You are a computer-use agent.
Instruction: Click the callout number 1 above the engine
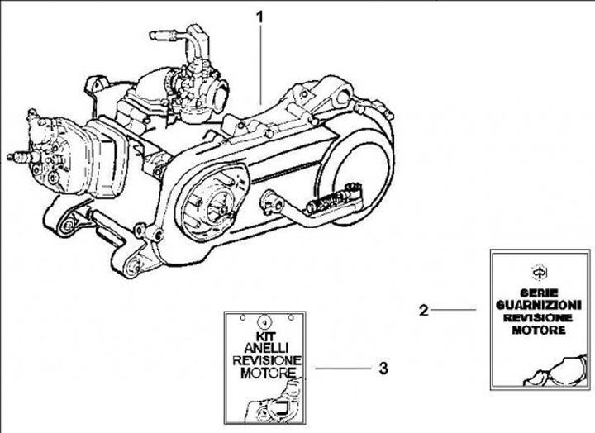259,17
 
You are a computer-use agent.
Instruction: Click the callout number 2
423,310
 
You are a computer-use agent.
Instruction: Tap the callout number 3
383,368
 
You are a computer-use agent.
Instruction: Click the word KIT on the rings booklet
265,336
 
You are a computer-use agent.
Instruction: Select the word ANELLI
266,348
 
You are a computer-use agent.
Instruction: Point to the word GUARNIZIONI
539,305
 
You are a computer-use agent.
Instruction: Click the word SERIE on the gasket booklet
539,293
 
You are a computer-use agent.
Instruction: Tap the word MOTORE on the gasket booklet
539,330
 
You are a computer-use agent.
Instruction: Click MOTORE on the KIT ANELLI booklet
268,373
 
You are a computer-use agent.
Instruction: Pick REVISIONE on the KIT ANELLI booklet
267,360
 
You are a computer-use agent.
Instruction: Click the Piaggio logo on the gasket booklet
539,272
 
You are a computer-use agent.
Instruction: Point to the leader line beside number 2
453,310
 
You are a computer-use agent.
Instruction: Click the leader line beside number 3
343,368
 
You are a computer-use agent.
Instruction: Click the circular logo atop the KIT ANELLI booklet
265,321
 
